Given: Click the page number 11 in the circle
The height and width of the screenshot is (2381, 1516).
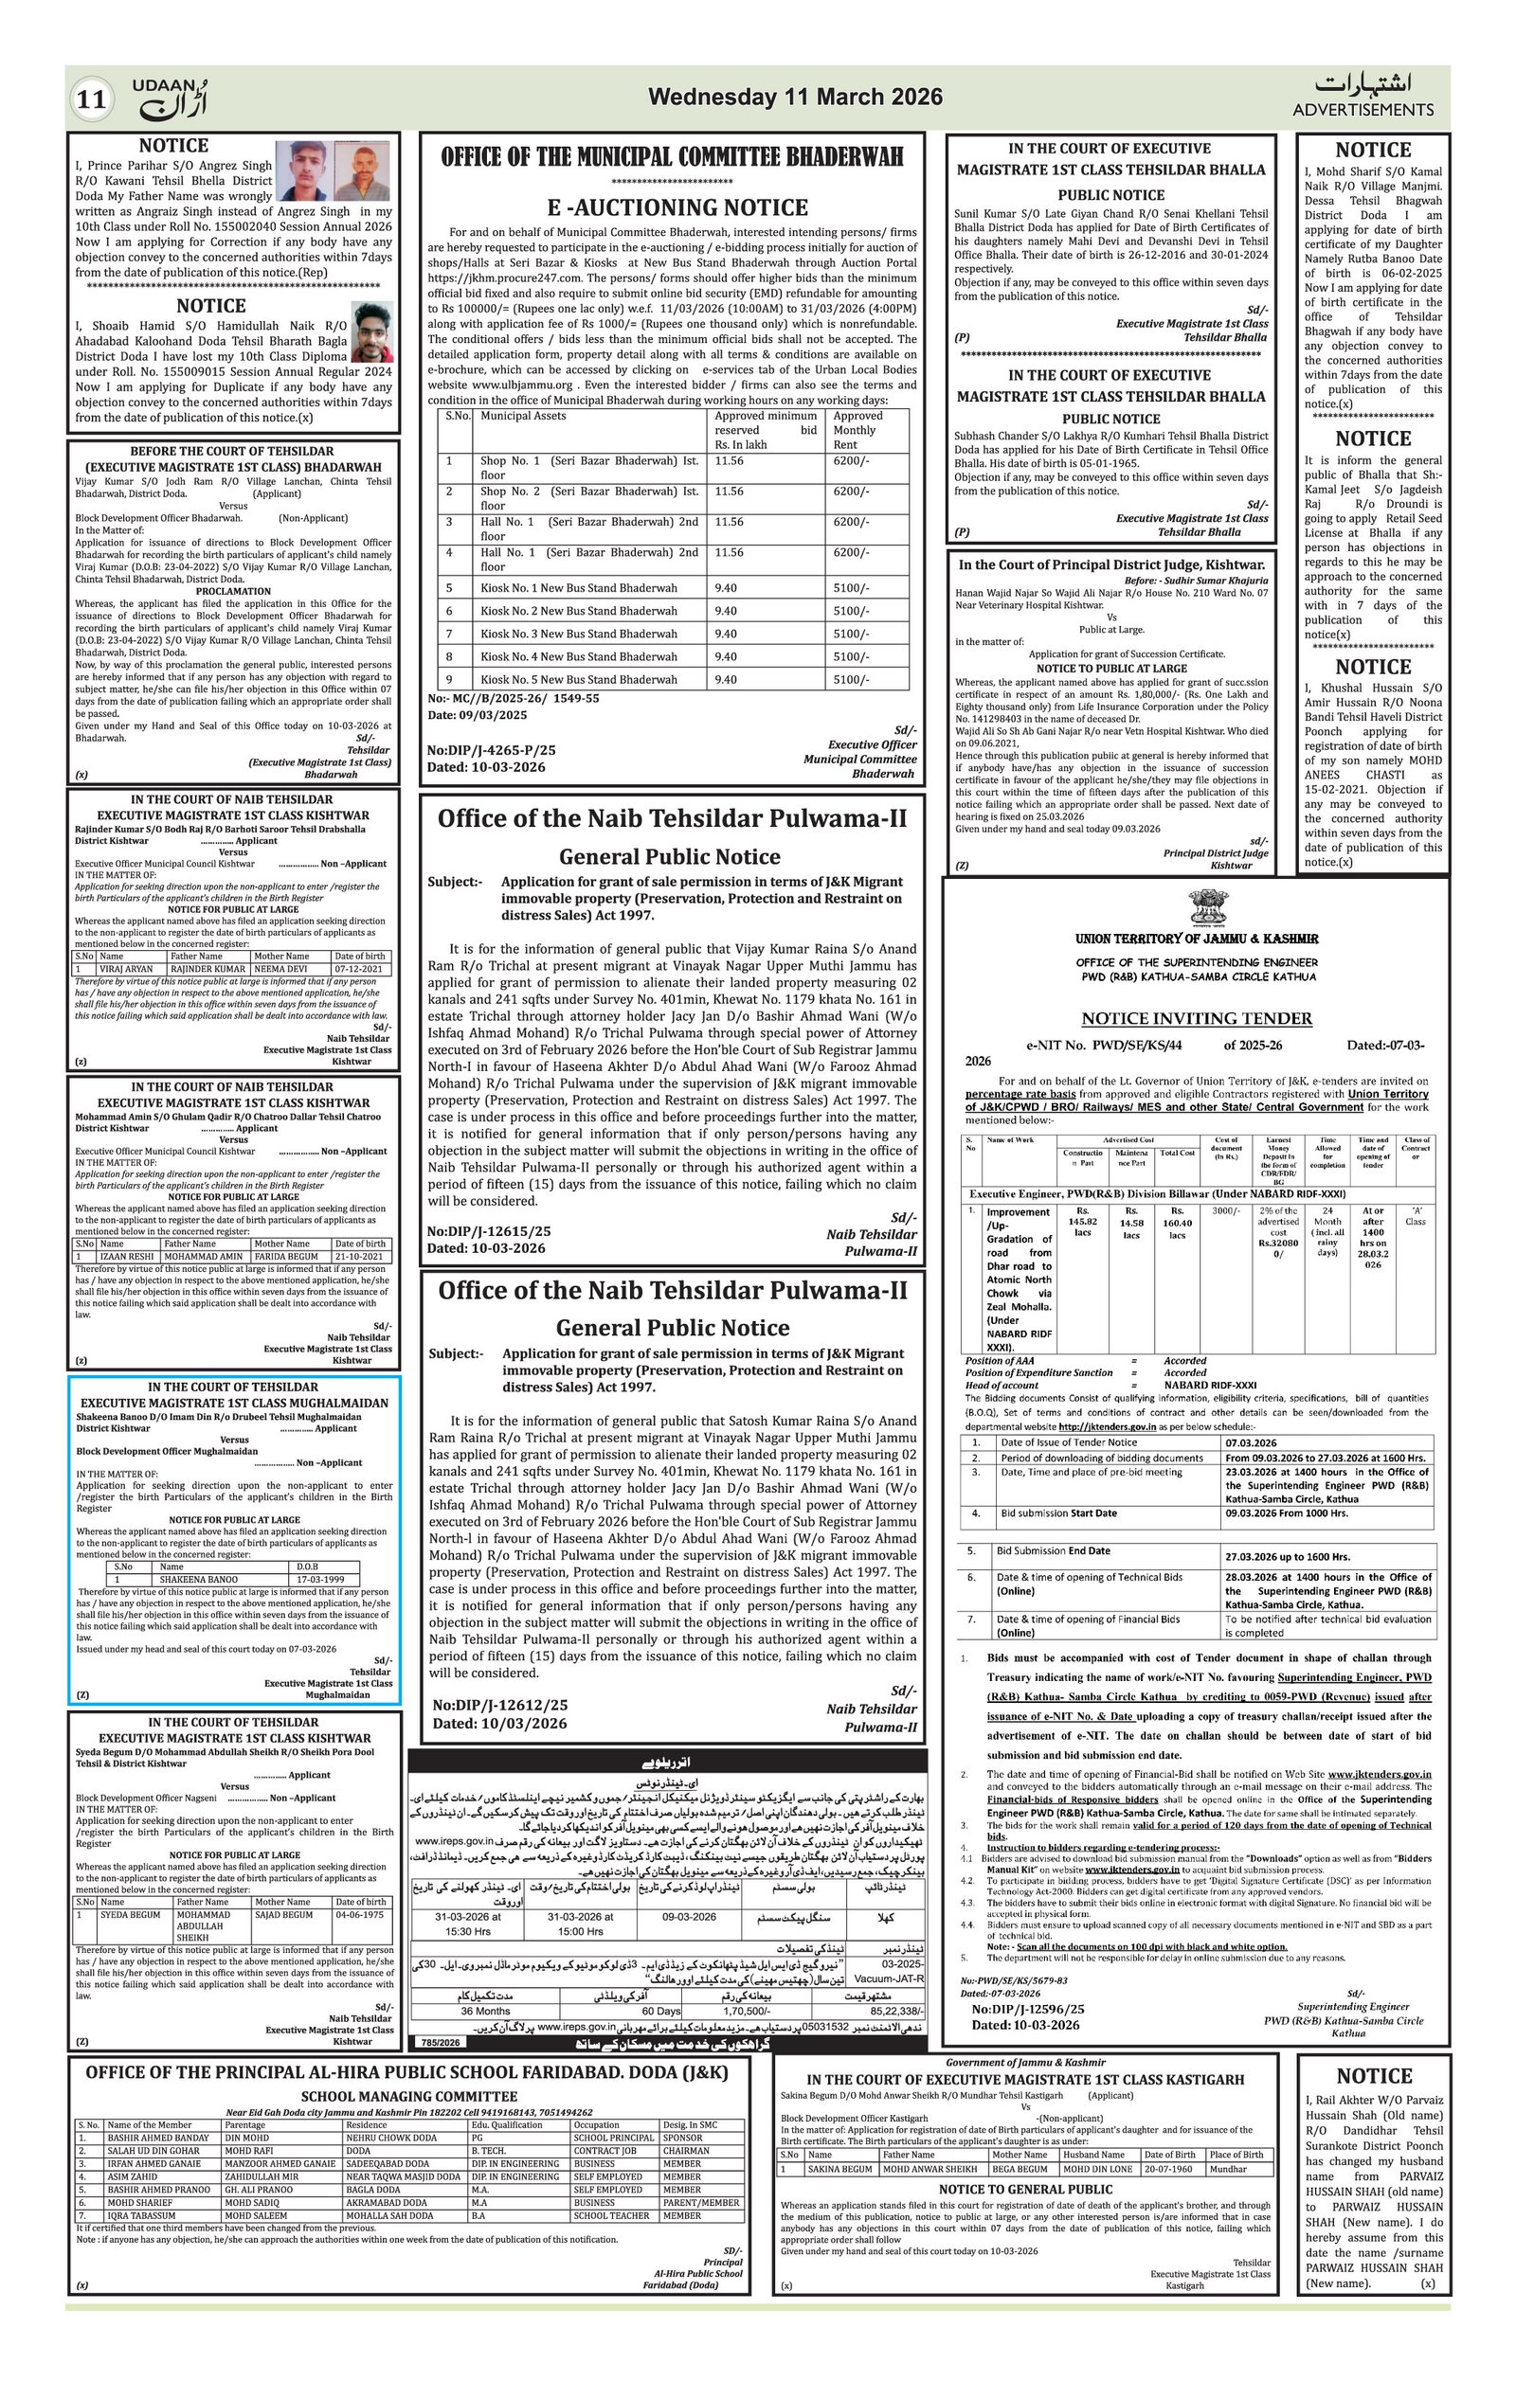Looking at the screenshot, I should point(91,98).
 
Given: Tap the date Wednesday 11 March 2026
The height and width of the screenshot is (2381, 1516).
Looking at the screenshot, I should point(795,97).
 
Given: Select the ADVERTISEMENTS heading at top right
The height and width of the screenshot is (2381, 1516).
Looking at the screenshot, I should point(1362,109).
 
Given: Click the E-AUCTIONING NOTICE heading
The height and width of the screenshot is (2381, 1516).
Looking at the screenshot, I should point(677,207).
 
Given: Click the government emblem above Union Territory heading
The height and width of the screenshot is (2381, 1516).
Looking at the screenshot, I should point(1209,907).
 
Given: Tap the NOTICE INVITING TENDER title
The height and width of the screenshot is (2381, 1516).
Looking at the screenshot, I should point(1197,1018).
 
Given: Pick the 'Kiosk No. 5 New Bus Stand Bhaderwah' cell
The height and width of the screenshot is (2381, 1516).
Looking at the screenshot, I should point(579,679).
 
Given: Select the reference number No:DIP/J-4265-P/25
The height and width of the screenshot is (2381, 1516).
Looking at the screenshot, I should point(492,750).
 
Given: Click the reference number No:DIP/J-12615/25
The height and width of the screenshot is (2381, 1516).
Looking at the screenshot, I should point(489,1231).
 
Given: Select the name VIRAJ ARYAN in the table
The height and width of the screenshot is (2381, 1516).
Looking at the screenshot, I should point(127,969).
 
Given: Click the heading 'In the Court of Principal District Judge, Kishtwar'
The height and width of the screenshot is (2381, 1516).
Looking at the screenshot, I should point(1110,564).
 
